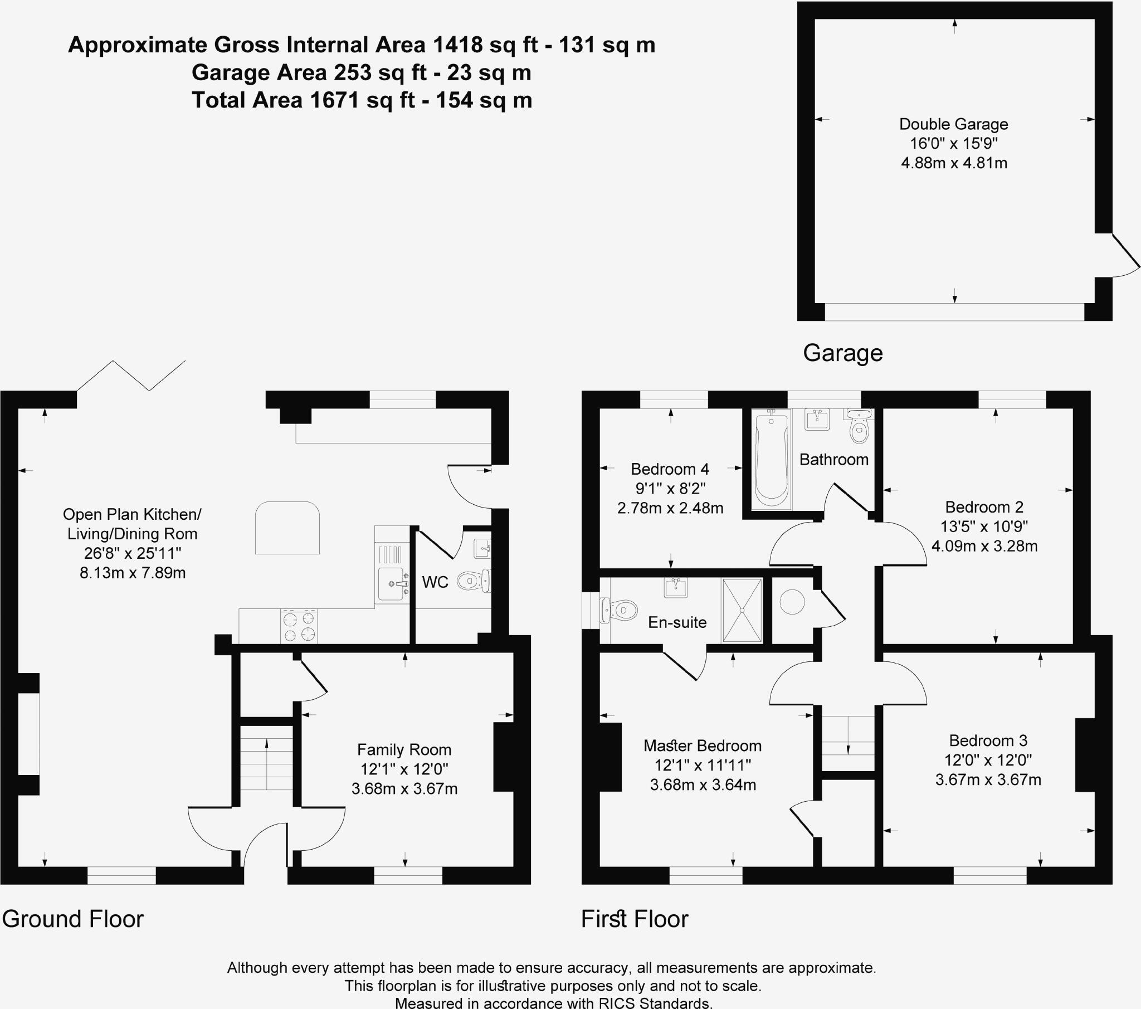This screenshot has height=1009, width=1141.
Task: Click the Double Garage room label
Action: pyautogui.click(x=953, y=124)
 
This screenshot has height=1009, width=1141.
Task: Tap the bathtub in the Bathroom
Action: pyautogui.click(x=771, y=459)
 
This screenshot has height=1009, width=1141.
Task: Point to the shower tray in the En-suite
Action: pyautogui.click(x=742, y=610)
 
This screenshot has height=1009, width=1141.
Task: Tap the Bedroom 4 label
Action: pyautogui.click(x=669, y=469)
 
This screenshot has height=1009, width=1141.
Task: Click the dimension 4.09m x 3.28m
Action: pyautogui.click(x=984, y=546)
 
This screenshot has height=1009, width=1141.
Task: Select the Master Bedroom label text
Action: pyautogui.click(x=702, y=745)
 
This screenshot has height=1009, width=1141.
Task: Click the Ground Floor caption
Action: pyautogui.click(x=72, y=919)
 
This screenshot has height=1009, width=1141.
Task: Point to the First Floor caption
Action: pyautogui.click(x=635, y=919)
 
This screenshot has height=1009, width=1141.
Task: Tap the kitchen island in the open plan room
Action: pyautogui.click(x=287, y=528)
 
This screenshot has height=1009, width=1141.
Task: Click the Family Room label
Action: pyautogui.click(x=404, y=749)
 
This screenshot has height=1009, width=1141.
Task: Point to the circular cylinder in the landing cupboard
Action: pyautogui.click(x=792, y=602)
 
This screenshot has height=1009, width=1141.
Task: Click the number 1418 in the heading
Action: pyautogui.click(x=458, y=45)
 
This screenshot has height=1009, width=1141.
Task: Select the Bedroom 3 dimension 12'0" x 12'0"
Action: pyautogui.click(x=987, y=760)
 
